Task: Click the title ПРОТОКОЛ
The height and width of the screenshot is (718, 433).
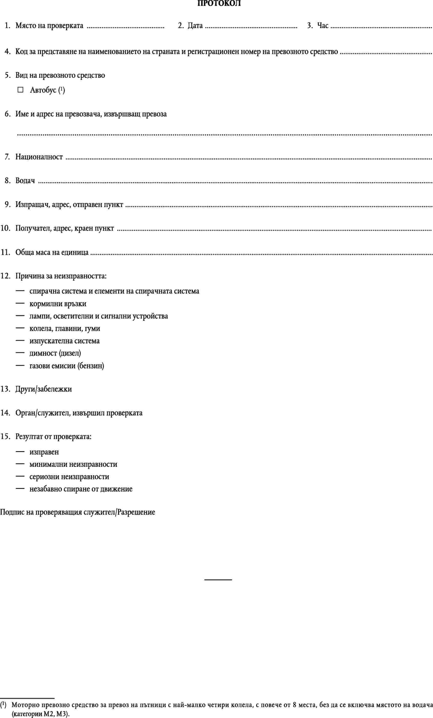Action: click(219, 4)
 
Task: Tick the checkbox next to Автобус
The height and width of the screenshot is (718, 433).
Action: click(20, 90)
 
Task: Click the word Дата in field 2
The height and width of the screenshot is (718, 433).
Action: click(195, 26)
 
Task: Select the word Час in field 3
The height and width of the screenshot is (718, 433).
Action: click(323, 26)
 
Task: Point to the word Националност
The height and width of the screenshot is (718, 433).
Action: click(39, 157)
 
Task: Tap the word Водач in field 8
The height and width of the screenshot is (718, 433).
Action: click(25, 181)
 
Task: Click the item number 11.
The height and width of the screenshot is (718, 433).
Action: click(6, 252)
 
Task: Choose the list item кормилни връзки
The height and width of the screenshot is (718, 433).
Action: click(58, 304)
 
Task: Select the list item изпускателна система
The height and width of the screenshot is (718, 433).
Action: click(64, 341)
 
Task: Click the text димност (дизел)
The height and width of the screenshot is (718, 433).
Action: click(55, 353)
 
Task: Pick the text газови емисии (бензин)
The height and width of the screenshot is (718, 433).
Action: click(67, 366)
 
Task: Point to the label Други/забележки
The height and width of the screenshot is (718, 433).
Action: click(44, 389)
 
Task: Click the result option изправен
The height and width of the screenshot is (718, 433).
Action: click(44, 452)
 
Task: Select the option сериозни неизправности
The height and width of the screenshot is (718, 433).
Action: click(69, 477)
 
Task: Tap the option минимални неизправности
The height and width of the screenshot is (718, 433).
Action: click(73, 464)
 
